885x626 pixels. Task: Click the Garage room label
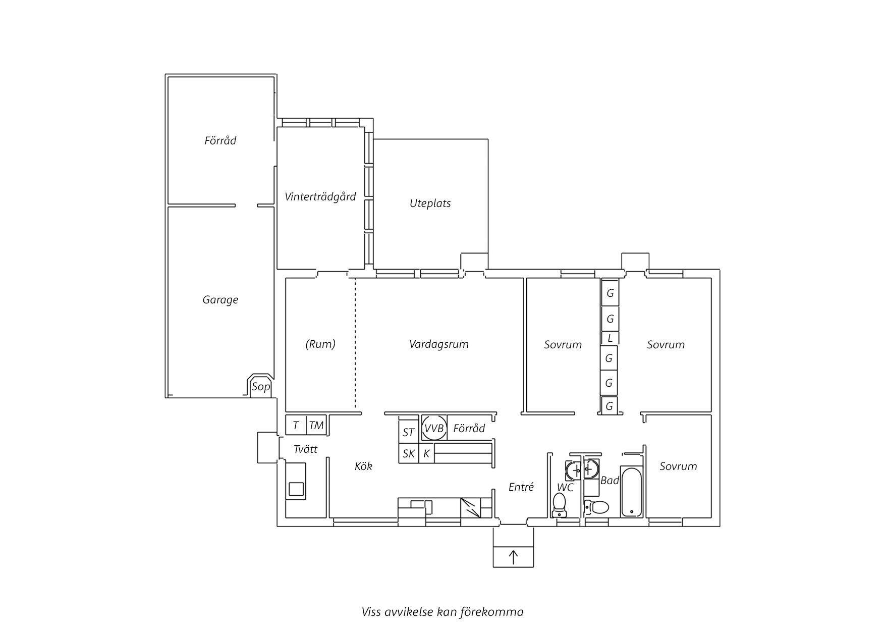(220, 300)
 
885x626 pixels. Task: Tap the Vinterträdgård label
(320, 197)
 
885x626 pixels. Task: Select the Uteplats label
(430, 203)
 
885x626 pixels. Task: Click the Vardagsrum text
(439, 344)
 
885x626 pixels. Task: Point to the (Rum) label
(320, 344)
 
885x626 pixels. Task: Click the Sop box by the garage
(261, 386)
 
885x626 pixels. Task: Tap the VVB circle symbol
(434, 429)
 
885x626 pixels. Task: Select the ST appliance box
(409, 432)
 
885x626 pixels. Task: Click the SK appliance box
(409, 453)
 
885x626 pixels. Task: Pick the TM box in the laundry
(316, 425)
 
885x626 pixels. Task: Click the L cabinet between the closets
(610, 338)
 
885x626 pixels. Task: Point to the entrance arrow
(513, 557)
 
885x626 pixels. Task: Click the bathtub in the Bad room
(632, 492)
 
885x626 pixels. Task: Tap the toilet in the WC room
(559, 505)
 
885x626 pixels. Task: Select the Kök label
(363, 466)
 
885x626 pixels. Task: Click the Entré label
(521, 487)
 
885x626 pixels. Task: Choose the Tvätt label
(305, 449)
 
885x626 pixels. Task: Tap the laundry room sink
(296, 482)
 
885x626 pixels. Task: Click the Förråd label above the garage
(220, 140)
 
